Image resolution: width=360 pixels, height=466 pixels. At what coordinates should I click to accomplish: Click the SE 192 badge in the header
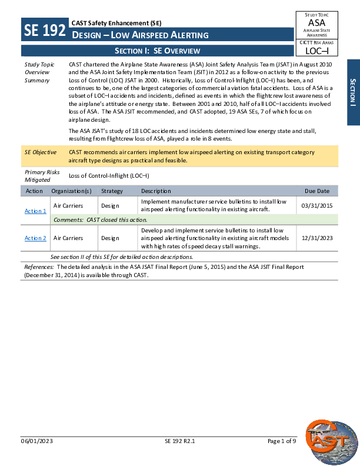[x=45, y=30]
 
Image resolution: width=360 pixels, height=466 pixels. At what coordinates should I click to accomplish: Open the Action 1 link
[x=35, y=211]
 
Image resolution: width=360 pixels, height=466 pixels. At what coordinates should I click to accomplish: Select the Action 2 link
[x=35, y=238]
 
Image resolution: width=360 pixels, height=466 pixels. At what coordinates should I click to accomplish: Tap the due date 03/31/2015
[x=316, y=206]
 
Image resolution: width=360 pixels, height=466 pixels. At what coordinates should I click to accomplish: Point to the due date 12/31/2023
[x=316, y=238]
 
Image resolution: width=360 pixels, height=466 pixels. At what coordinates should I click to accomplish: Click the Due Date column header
[x=316, y=191]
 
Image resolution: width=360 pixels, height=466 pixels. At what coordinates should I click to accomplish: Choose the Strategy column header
[x=112, y=191]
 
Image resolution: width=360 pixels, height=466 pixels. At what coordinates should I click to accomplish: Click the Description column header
[x=156, y=191]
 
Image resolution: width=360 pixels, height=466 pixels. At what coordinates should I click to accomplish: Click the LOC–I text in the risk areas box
[x=316, y=51]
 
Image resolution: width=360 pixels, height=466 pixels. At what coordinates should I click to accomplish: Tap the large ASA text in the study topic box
[x=316, y=23]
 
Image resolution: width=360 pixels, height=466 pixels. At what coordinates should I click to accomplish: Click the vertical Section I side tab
[x=353, y=92]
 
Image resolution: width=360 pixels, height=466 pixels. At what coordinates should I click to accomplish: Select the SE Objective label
[x=40, y=152]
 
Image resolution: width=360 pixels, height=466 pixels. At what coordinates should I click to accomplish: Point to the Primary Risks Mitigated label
[x=39, y=175]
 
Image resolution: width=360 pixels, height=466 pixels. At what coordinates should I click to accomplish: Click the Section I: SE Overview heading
[x=158, y=51]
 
